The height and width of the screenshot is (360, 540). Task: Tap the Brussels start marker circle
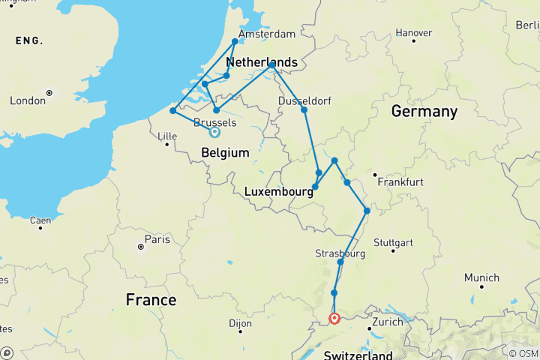(214, 132)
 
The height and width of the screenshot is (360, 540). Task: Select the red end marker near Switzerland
(334, 319)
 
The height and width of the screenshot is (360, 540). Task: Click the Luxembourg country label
(277, 192)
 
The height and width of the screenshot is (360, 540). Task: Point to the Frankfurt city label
(400, 182)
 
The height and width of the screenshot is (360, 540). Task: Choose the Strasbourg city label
(340, 254)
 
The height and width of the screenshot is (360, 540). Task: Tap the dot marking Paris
(140, 246)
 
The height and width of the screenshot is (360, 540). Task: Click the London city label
(27, 100)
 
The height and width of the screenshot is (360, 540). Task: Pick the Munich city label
(481, 277)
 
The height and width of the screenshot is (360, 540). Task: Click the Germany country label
(424, 112)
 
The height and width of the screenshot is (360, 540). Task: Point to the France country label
(151, 300)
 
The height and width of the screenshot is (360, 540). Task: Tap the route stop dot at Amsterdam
(235, 41)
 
